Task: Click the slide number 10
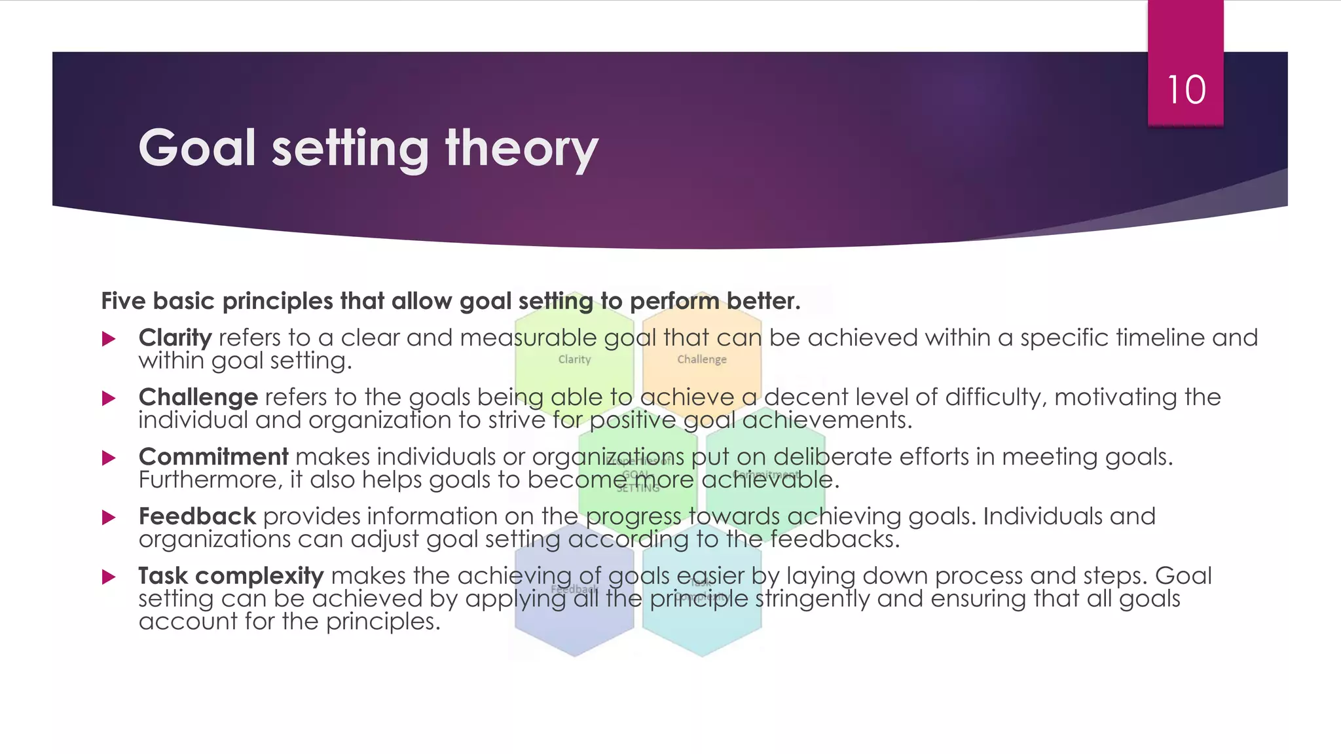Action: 1186,90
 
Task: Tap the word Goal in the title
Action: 196,149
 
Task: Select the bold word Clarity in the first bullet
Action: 175,338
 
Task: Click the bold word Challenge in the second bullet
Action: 198,397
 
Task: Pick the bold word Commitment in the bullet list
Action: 213,457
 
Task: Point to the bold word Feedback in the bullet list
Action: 196,516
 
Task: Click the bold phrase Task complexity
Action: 230,576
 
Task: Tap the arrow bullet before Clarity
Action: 109,339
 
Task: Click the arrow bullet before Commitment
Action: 109,458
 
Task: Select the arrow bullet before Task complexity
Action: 109,577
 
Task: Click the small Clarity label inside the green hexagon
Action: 574,359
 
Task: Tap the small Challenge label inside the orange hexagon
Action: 701,359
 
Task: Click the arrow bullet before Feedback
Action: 109,518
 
